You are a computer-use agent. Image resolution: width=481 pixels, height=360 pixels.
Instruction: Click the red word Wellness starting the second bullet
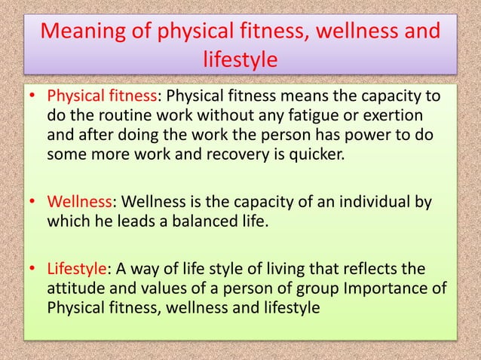[78, 202]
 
